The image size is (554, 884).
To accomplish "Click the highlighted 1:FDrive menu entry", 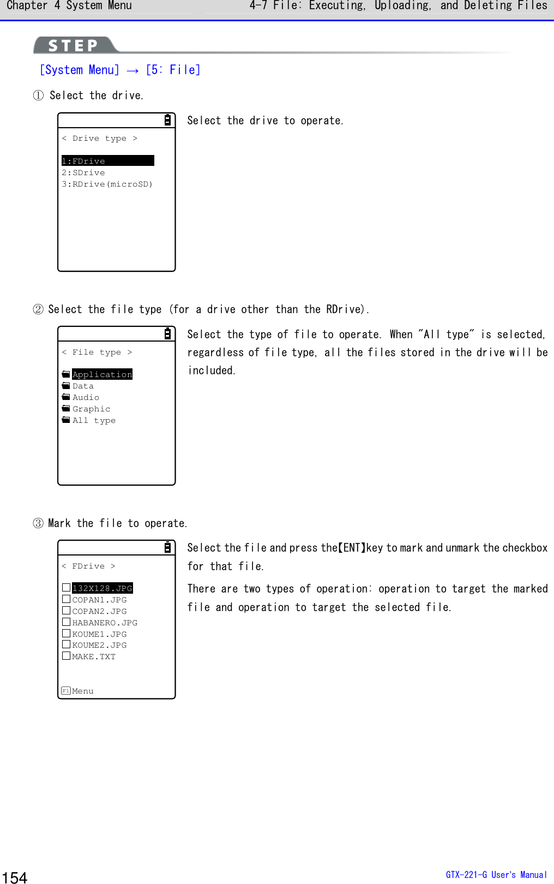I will coord(107,161).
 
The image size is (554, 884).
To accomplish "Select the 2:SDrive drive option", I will coord(83,172).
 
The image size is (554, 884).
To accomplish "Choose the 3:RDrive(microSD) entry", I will coord(107,184).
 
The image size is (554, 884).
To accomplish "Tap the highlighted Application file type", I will coord(102,374).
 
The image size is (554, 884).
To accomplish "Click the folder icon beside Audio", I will coord(66,397).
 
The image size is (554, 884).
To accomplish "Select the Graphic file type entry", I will coord(91,409).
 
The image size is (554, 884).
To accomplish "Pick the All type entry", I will coord(94,420).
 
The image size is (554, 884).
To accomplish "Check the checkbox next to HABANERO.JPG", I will coord(66,622).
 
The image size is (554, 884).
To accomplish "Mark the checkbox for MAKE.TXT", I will coord(66,656).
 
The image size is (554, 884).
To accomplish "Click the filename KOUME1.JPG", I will coord(99,634).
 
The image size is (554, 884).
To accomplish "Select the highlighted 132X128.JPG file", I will coord(102,588).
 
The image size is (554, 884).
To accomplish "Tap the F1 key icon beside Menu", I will coord(66,691).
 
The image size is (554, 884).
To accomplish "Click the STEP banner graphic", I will coord(74,45).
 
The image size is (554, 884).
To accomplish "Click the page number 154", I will coord(15,877).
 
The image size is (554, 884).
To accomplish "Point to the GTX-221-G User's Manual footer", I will coord(496,875).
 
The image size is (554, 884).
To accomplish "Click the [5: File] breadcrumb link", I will coord(173,70).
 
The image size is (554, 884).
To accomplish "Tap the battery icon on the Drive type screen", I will coord(167,120).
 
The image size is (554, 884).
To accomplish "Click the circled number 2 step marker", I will coord(38,309).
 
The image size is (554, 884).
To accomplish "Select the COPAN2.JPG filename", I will coord(99,611).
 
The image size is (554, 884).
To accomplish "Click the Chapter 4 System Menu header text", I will coord(69,6).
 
